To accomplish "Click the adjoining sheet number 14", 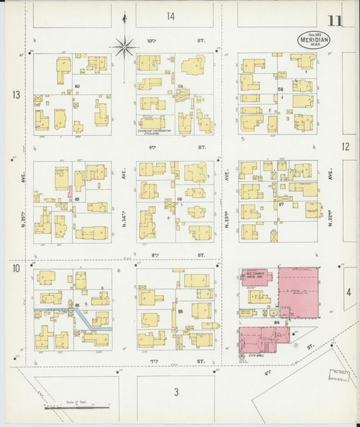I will (x=172, y=16).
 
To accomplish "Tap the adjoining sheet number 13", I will (x=16, y=95).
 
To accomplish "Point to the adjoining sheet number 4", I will (x=349, y=292).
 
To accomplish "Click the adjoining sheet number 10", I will (x=16, y=270).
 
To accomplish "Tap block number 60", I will (x=78, y=86).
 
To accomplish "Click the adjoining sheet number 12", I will (x=346, y=146).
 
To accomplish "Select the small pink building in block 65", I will (x=70, y=192).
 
